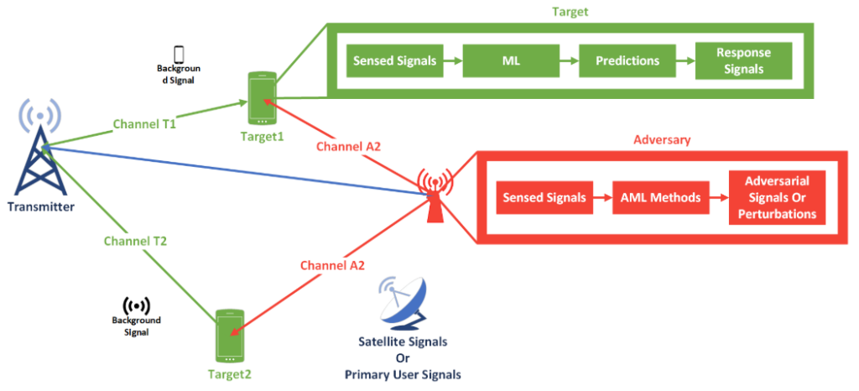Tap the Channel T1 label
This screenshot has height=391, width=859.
(143, 125)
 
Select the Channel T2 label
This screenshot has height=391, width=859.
(135, 241)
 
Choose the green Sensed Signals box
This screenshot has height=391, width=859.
(393, 61)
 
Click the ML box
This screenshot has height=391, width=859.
(509, 61)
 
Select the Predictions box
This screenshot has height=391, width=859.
(627, 61)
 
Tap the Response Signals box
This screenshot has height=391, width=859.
(743, 61)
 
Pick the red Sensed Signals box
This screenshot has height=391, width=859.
(544, 198)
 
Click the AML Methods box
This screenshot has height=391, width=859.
(659, 198)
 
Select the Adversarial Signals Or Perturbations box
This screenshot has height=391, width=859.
(777, 198)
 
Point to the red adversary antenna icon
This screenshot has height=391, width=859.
(435, 196)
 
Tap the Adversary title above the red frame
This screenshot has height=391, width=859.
(663, 140)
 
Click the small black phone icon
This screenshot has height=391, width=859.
(179, 53)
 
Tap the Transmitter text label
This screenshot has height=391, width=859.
(42, 206)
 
